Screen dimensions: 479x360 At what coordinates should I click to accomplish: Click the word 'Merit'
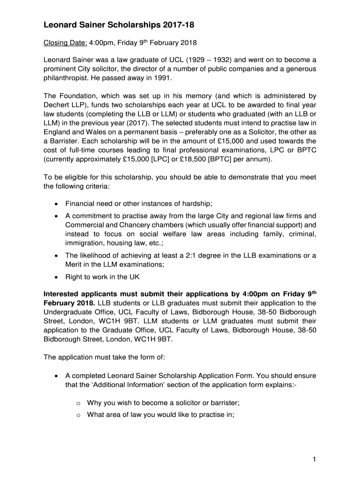76,264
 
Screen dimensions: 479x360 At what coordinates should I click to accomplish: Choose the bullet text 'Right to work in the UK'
102,277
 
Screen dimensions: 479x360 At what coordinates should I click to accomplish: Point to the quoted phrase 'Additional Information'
123,385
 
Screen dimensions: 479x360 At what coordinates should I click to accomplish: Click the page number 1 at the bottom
315,459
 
